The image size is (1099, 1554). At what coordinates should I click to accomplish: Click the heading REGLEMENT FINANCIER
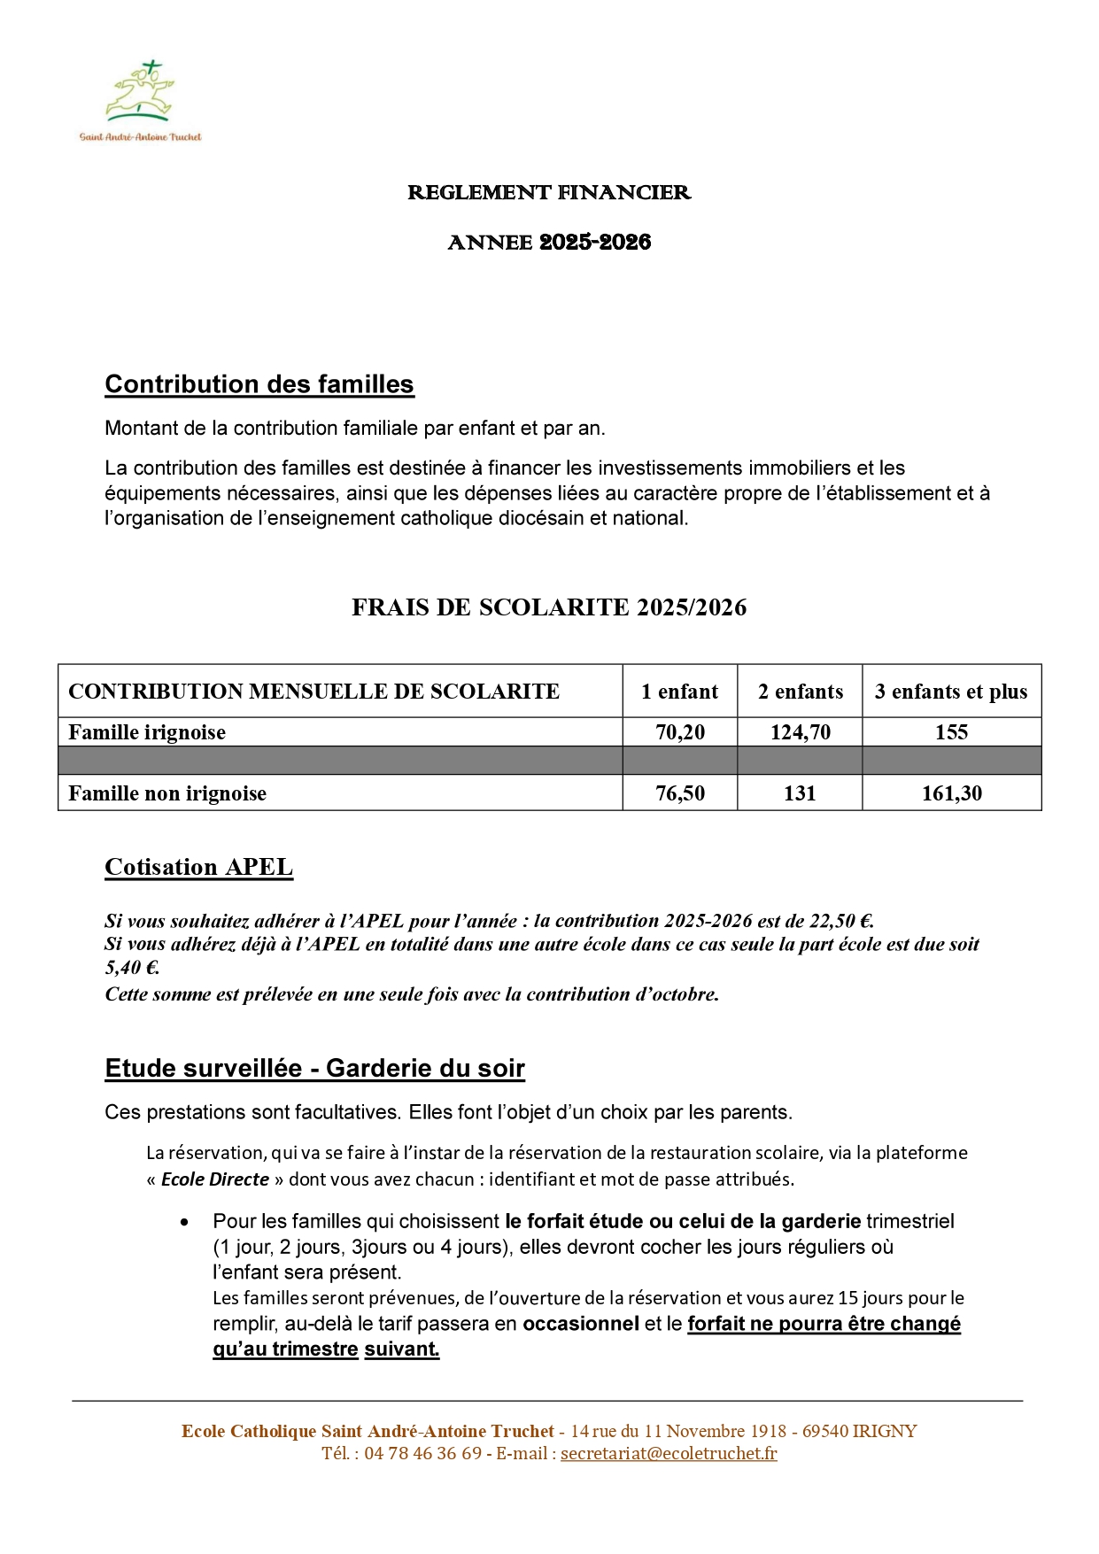549,193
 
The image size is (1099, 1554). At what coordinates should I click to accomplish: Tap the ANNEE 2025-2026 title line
549,243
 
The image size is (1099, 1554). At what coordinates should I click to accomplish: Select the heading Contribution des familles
259,384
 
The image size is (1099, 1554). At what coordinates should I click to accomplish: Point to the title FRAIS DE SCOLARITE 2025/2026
549,607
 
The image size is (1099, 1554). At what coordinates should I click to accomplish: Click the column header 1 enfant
679,692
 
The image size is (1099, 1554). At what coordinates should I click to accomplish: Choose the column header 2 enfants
800,692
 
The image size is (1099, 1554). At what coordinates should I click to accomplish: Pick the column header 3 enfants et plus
951,692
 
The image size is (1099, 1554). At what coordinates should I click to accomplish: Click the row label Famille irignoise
147,732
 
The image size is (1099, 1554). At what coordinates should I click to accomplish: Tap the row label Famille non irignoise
167,793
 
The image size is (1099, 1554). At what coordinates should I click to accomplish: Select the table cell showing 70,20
679,732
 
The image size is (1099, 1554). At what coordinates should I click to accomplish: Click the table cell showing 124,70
800,732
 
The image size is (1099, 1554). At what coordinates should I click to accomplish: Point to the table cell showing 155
951,732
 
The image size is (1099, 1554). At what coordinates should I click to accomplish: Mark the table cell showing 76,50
679,793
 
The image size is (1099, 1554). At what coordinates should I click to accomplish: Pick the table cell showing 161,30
951,793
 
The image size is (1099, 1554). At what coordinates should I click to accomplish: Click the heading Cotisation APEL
198,867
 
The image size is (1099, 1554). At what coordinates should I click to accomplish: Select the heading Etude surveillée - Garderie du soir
314,1069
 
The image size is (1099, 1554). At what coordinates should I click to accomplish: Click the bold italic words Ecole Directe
215,1179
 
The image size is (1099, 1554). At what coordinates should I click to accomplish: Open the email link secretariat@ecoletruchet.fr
669,1453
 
